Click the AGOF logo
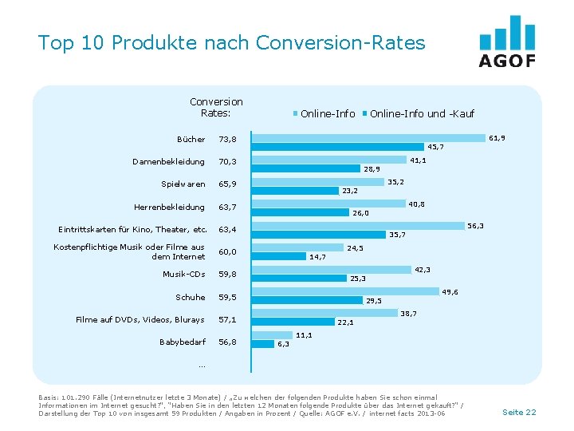point(507,42)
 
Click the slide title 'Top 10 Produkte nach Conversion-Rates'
point(231,42)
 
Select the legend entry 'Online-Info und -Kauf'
point(422,114)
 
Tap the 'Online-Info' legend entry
point(328,114)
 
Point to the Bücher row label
point(191,139)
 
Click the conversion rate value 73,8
point(228,140)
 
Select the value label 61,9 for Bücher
point(497,138)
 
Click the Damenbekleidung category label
point(169,161)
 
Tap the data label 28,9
point(372,169)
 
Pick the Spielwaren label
point(183,184)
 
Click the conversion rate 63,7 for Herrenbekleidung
point(228,208)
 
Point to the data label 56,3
point(476,227)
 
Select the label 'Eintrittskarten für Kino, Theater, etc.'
point(132,230)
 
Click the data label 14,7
point(317,257)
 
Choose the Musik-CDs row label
point(183,275)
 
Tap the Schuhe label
point(191,297)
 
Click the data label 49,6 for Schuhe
point(450,292)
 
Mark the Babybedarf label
point(183,342)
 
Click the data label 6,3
point(283,345)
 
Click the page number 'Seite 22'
point(519,412)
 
